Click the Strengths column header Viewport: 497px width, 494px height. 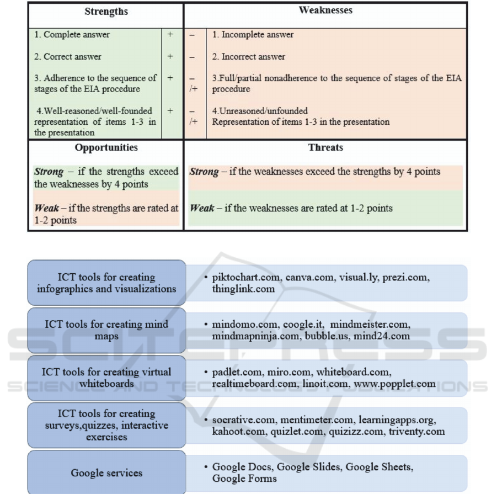click(x=106, y=12)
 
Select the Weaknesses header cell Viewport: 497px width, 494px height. click(x=325, y=10)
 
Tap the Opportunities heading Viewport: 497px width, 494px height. click(x=106, y=148)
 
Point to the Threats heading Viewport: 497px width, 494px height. click(x=325, y=148)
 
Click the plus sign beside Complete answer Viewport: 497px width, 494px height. click(x=170, y=35)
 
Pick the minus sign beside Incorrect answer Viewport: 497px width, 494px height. click(x=192, y=57)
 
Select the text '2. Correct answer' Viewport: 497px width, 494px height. click(x=67, y=57)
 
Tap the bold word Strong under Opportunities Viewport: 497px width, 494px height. click(x=49, y=172)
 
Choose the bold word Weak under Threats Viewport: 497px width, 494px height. click(x=201, y=209)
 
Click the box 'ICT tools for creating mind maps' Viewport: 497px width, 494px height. click(x=106, y=330)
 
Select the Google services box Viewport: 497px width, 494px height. click(x=106, y=473)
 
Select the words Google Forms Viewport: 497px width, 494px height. click(x=244, y=479)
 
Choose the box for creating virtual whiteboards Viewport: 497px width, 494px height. click(x=106, y=378)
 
